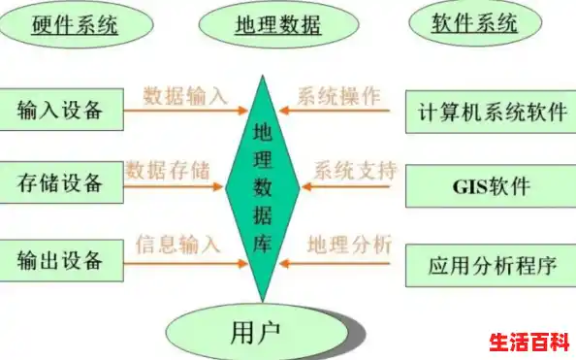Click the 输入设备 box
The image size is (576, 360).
60,111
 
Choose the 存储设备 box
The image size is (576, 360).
60,181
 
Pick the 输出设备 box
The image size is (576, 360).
60,261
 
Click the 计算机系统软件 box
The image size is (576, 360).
491,112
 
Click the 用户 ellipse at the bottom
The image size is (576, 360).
256,333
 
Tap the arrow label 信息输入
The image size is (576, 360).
178,244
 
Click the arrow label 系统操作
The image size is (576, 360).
339,96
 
